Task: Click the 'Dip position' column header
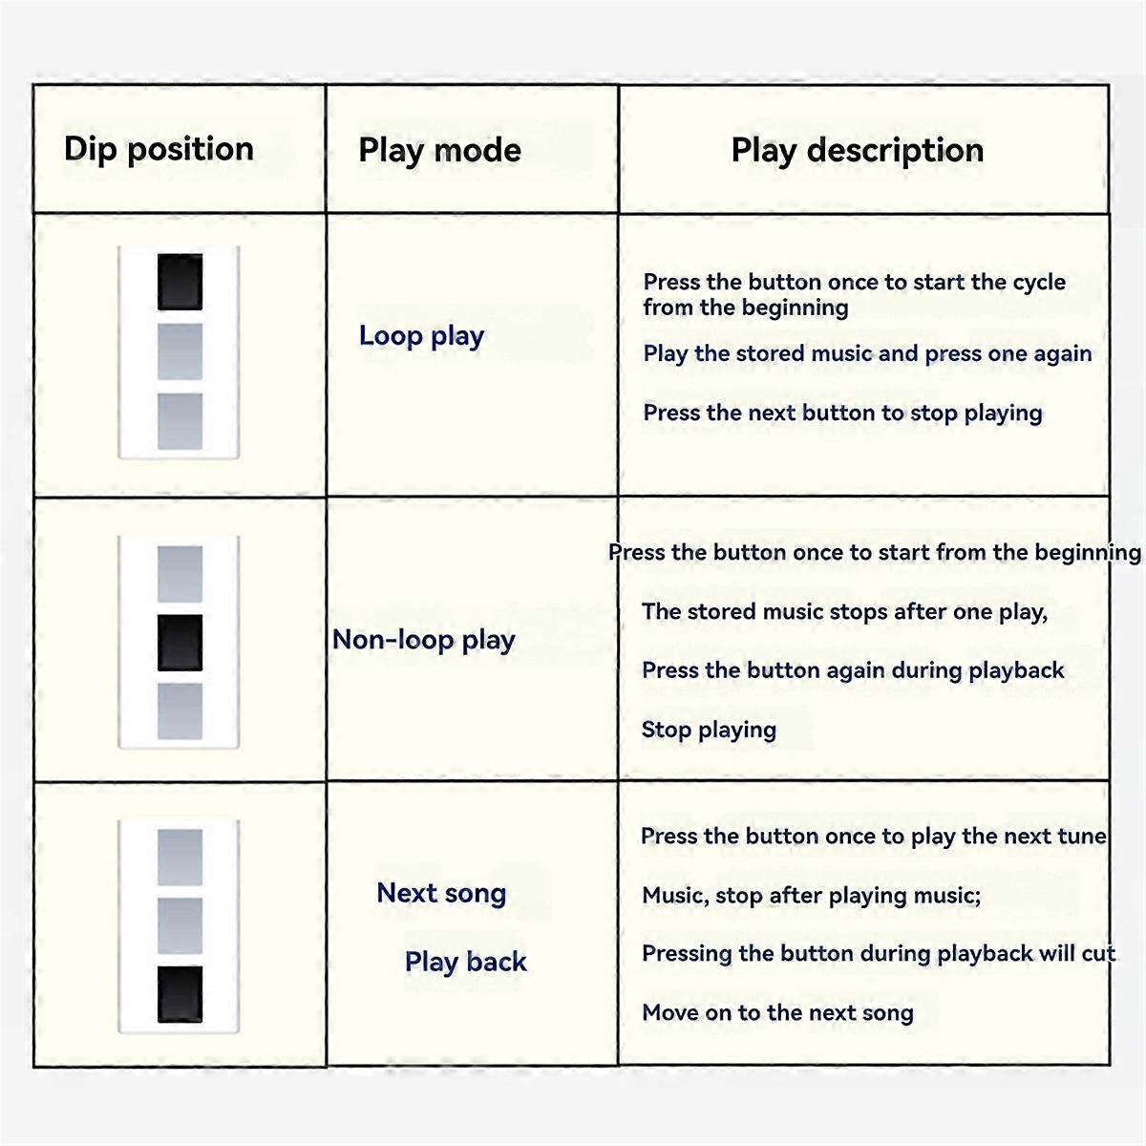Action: coord(159,149)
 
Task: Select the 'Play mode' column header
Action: coord(439,150)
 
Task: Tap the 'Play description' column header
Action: coord(857,150)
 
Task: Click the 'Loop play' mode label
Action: coord(422,336)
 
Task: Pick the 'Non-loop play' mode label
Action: coord(423,640)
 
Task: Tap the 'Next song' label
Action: coord(441,892)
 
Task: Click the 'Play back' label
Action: coord(466,962)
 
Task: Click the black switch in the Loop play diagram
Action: coord(180,282)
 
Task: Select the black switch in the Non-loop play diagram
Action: coord(180,643)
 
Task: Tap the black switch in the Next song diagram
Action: coord(180,994)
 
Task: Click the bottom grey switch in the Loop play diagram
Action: coord(180,421)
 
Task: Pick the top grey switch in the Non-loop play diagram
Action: coord(180,574)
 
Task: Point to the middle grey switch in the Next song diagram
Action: coord(180,925)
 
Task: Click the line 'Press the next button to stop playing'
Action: coord(842,414)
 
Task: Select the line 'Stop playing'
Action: coord(709,730)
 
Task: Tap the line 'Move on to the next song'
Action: coord(778,1012)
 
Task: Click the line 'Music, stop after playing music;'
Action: coord(811,895)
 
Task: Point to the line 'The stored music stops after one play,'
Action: coord(844,612)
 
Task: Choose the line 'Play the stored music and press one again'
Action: coord(868,354)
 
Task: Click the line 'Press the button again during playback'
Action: coord(853,670)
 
